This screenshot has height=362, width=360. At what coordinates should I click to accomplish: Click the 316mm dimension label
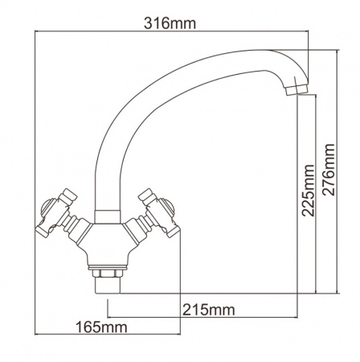coord(170,23)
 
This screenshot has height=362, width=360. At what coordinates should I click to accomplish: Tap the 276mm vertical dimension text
coord(329,170)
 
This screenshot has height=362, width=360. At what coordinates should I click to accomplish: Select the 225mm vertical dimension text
coord(308,191)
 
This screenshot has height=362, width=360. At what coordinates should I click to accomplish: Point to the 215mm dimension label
coord(209,311)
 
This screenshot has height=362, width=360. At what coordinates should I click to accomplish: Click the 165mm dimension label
coord(101,327)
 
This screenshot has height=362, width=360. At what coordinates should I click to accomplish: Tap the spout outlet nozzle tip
coord(297,89)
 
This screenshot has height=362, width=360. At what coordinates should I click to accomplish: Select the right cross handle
coord(159,213)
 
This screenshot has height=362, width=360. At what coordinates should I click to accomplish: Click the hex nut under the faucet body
coord(107,274)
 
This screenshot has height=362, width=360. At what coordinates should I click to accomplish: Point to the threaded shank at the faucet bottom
coord(108,286)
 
